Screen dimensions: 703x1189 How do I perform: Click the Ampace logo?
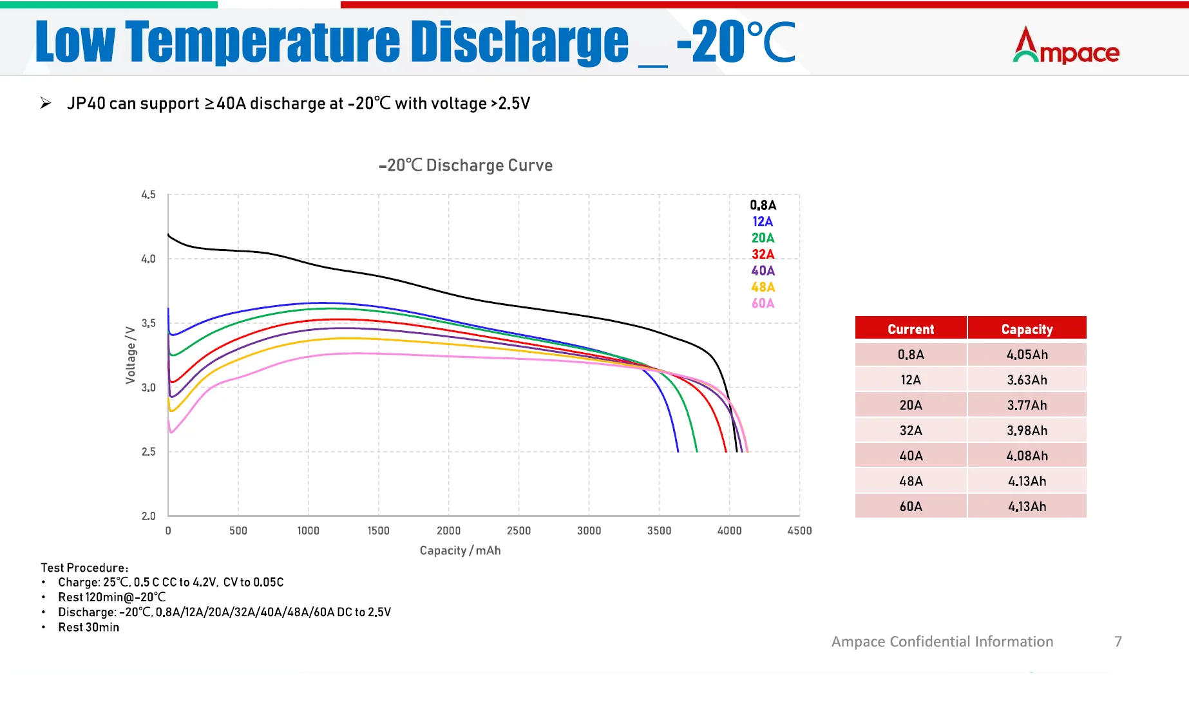1066,46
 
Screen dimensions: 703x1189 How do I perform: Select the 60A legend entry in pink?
763,303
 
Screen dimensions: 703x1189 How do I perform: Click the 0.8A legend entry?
763,205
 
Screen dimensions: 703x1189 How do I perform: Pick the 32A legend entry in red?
763,254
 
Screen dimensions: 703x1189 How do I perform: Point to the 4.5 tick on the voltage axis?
148,194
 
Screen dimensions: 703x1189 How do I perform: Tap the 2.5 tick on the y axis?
148,452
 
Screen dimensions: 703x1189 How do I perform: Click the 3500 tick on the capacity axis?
659,530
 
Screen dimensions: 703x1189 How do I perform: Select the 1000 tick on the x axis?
308,530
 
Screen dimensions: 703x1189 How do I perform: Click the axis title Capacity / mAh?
460,550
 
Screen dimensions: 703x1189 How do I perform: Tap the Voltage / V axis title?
131,355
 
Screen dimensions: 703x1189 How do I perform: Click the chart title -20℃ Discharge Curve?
466,165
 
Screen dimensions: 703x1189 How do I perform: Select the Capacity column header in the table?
1027,329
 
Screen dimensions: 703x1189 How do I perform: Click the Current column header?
910,329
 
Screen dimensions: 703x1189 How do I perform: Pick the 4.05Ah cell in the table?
1027,355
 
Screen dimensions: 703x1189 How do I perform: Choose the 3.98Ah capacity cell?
1027,431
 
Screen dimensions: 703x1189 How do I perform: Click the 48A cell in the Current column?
910,481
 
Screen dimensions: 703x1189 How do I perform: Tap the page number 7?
1118,641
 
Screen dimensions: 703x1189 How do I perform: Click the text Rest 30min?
88,627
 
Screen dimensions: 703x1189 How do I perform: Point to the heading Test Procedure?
84,568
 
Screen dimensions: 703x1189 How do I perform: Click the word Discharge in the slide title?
519,42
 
